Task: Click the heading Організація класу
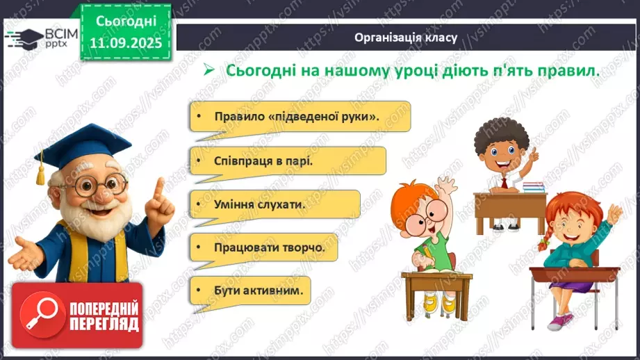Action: (406, 38)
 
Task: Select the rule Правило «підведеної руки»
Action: (286, 116)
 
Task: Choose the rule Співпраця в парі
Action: (254, 161)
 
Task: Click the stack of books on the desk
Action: (533, 187)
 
